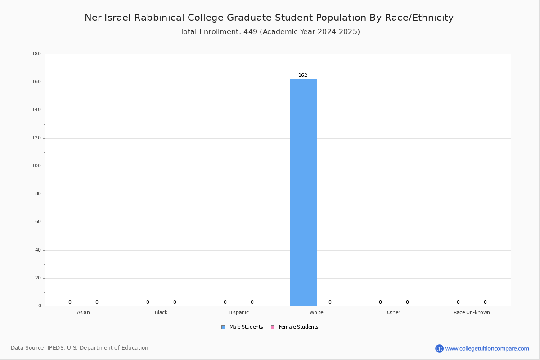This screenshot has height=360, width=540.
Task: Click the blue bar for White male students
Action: [x=303, y=193]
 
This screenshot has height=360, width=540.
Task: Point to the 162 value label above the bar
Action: [x=303, y=75]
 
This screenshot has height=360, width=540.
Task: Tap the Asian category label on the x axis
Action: [x=83, y=312]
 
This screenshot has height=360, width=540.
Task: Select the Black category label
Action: [x=161, y=312]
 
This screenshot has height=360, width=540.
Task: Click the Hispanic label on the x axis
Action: [x=238, y=312]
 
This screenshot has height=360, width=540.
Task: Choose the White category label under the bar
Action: [x=316, y=312]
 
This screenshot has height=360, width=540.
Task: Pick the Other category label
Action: [x=394, y=312]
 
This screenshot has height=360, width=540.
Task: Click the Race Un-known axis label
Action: [x=472, y=312]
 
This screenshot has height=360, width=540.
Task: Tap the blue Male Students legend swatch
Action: [x=223, y=327]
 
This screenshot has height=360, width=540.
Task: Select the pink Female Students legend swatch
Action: [x=273, y=327]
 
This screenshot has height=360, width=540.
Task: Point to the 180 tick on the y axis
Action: [x=36, y=54]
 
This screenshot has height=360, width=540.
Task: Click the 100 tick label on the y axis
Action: [x=36, y=166]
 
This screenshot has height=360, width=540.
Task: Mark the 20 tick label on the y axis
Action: [x=38, y=278]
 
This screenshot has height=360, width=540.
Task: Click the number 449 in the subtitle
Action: [x=251, y=31]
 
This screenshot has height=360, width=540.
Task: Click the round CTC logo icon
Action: [x=439, y=348]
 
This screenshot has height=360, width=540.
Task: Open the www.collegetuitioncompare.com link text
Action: [x=487, y=349]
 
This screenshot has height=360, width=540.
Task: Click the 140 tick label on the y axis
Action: [x=36, y=110]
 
